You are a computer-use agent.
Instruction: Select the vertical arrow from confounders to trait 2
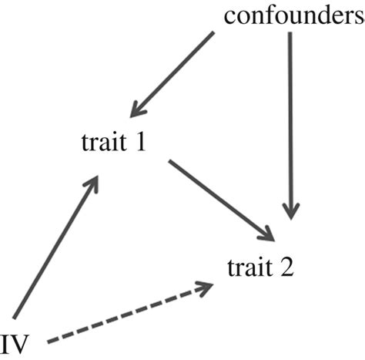290,123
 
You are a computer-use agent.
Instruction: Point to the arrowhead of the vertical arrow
290,211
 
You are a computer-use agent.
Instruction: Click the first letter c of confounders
230,17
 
